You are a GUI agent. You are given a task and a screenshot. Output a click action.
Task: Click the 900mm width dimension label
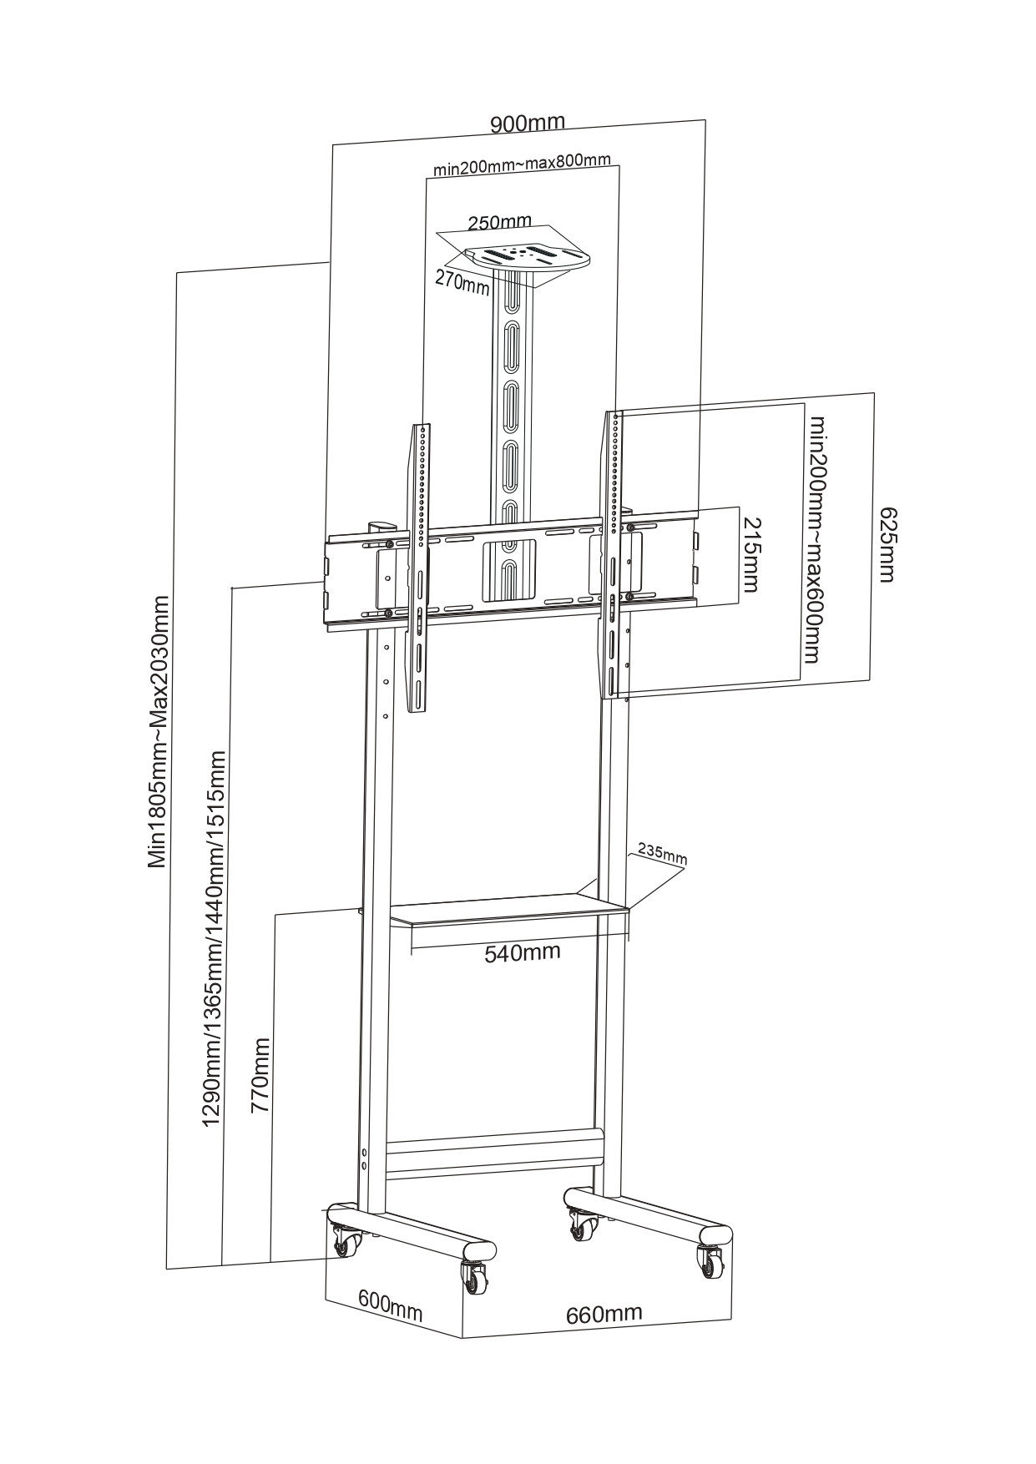527,124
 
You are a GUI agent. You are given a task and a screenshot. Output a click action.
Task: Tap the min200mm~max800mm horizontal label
522,164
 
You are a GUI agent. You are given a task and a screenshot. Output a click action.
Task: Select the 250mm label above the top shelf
499,222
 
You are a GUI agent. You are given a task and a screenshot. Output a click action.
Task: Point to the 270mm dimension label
462,282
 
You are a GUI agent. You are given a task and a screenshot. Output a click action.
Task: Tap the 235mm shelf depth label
662,854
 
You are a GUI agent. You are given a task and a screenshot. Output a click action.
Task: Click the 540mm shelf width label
523,952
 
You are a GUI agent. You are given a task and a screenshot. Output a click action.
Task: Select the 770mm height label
261,1076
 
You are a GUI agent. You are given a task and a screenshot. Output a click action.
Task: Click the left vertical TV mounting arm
418,568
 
